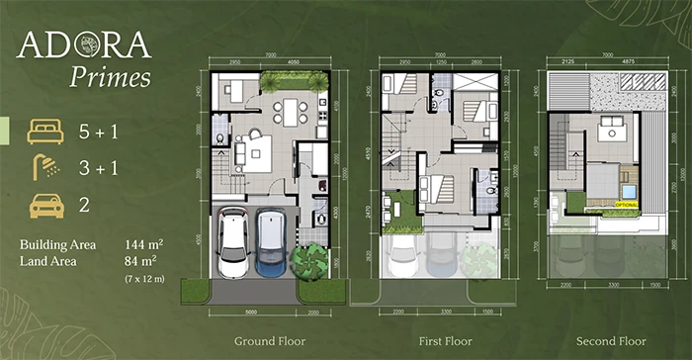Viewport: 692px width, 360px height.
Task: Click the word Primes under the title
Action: click(x=110, y=76)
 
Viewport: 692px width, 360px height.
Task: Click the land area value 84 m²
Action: click(x=140, y=260)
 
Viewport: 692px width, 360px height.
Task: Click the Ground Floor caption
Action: click(x=269, y=341)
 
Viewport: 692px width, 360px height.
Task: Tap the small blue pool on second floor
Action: click(x=629, y=192)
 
